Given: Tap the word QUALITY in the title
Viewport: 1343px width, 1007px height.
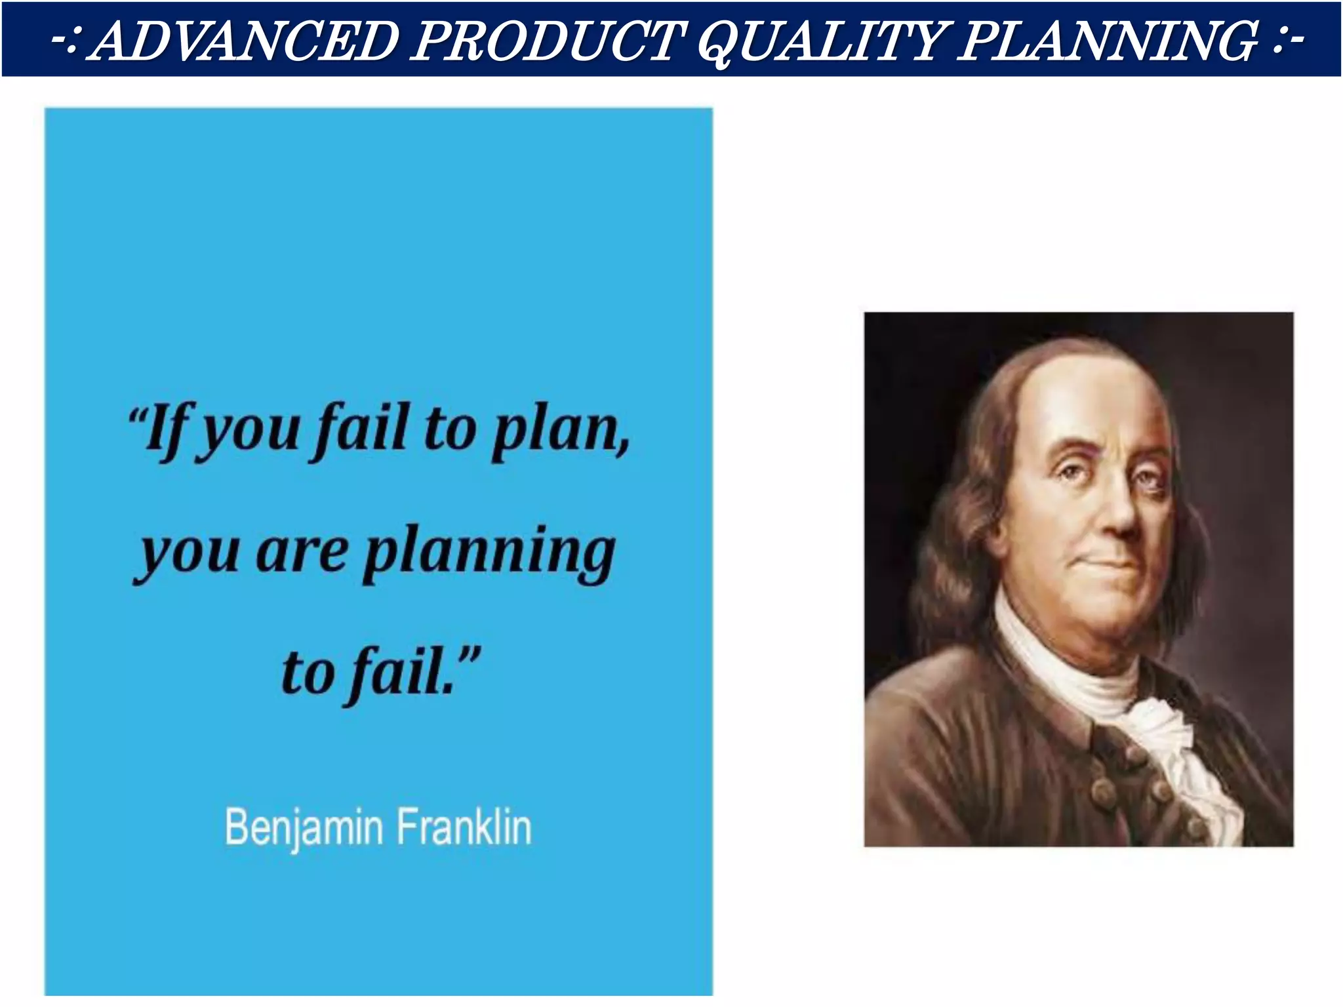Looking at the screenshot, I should (x=820, y=41).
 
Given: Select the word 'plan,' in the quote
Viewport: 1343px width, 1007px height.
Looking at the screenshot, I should (x=561, y=429).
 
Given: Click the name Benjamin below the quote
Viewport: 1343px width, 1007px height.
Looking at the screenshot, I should (x=304, y=827).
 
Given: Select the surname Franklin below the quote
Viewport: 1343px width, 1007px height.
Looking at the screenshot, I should (x=464, y=827).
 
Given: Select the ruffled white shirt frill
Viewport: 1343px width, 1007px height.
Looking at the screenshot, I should (x=1180, y=754).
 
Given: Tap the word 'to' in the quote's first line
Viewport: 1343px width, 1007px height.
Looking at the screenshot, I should (x=450, y=429).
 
